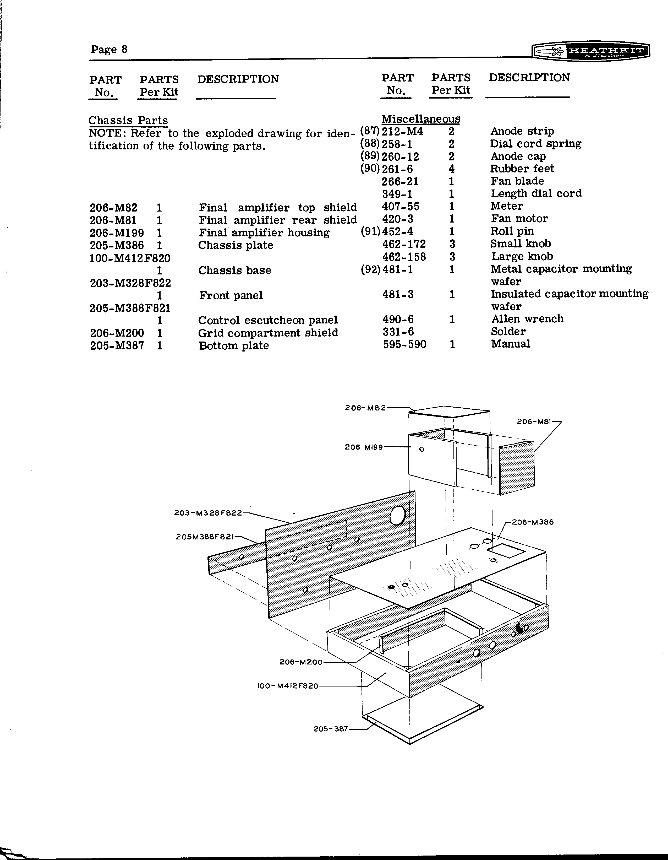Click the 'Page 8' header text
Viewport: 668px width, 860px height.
pos(109,49)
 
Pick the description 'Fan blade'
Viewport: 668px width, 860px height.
pos(517,181)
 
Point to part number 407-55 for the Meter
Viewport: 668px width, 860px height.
pos(400,206)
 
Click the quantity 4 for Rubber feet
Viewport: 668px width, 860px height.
pos(452,169)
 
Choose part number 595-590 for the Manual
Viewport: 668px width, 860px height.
pos(404,344)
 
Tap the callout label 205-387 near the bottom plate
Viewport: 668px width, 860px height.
pos(331,729)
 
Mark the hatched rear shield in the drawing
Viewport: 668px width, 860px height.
pos(516,469)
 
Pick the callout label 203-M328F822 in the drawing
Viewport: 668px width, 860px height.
pos(208,513)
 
